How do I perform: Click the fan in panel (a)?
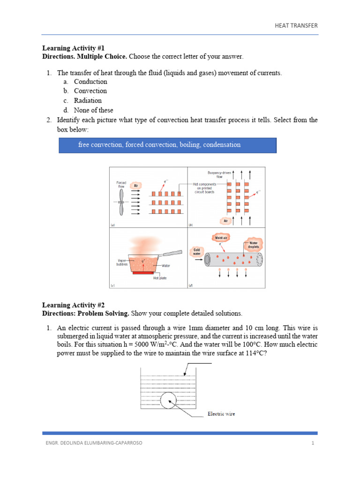coord(121,202)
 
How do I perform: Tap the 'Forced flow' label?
coord(121,184)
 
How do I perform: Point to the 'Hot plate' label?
coord(160,278)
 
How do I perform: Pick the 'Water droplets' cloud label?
coord(254,245)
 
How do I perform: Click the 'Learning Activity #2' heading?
coord(70,305)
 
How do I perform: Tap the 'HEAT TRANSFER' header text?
coord(296,25)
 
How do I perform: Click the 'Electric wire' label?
coord(221,414)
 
